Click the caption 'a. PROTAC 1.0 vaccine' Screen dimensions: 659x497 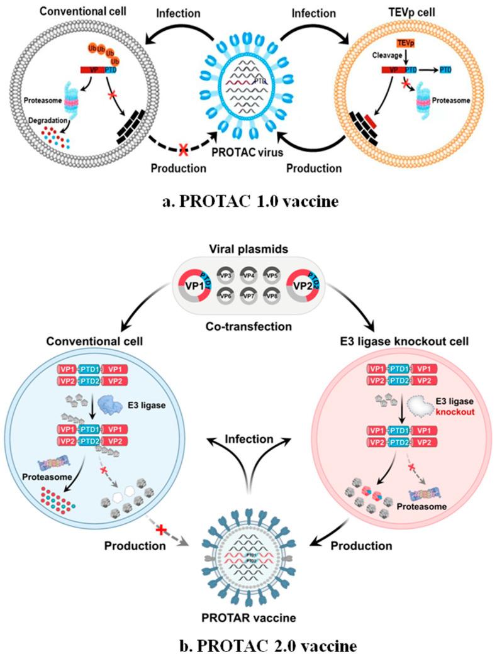tap(248, 202)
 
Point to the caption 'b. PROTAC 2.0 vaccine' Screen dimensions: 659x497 tap(248, 643)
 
